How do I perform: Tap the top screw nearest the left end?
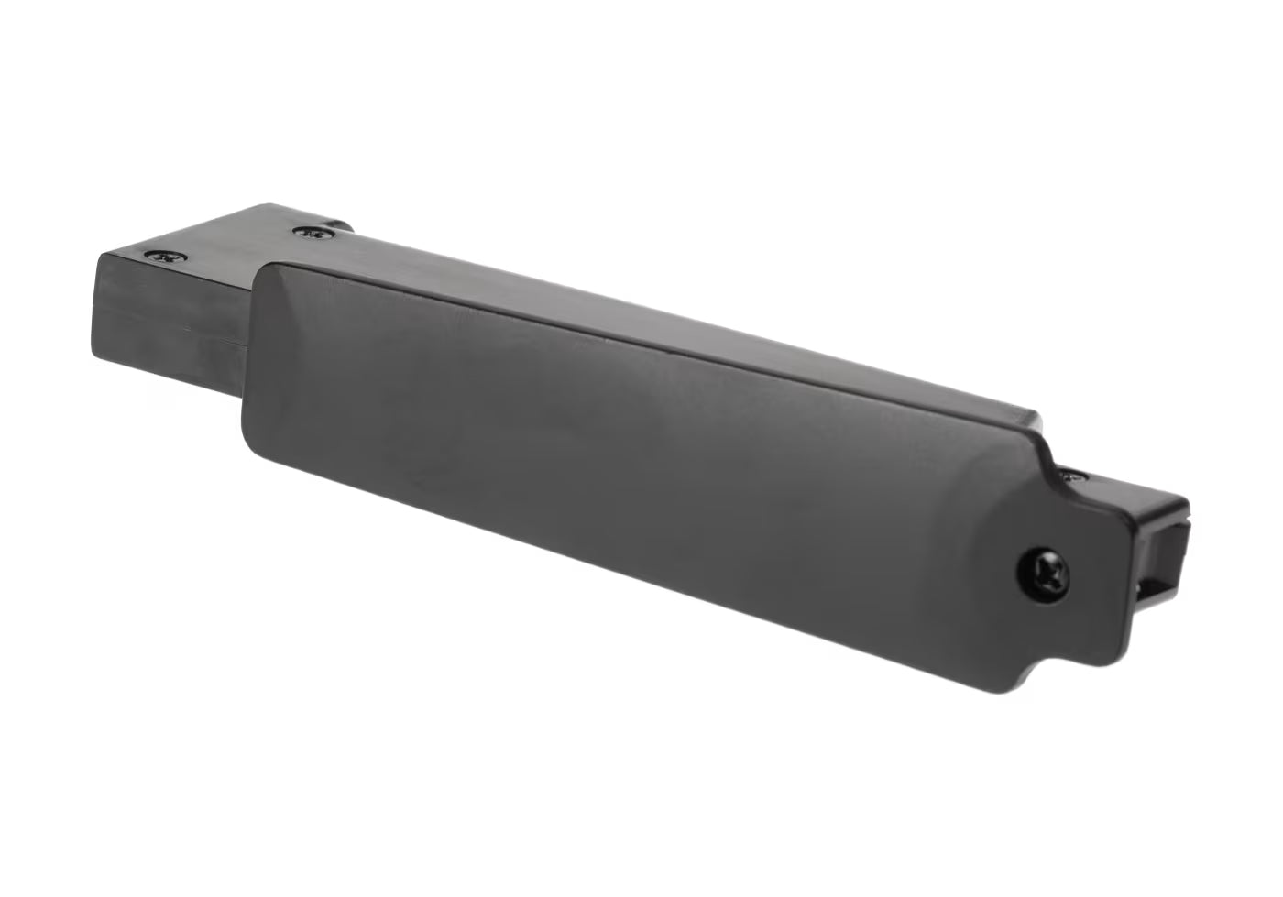pos(166,257)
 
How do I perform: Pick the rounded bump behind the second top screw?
pos(341,224)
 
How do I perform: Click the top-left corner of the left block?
pos(98,254)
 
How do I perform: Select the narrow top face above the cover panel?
pos(641,307)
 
